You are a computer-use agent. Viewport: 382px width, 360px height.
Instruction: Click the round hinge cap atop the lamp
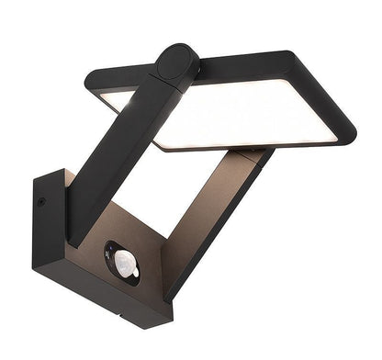(x=176, y=64)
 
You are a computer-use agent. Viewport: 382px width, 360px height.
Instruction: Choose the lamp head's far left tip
(x=89, y=80)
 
